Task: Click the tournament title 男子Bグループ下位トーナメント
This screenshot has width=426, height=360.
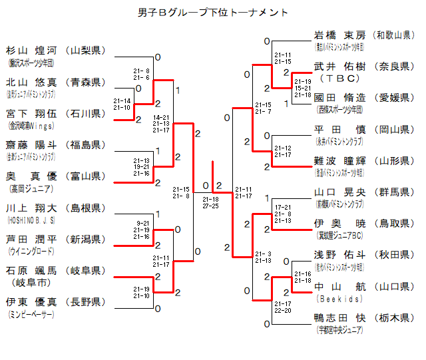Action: pos(213,12)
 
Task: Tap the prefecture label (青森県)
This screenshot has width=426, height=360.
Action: pos(87,83)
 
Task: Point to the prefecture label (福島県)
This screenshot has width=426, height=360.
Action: pos(87,144)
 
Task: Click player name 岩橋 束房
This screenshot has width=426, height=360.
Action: pos(339,36)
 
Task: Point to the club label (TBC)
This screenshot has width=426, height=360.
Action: pos(339,79)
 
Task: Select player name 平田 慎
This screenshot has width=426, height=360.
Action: pos(339,129)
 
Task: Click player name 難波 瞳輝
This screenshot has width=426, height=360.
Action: pos(339,161)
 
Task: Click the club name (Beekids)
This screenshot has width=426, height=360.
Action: pos(339,299)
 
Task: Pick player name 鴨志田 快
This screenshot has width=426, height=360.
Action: pos(339,318)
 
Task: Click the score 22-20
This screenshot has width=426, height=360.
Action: pos(283,310)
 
